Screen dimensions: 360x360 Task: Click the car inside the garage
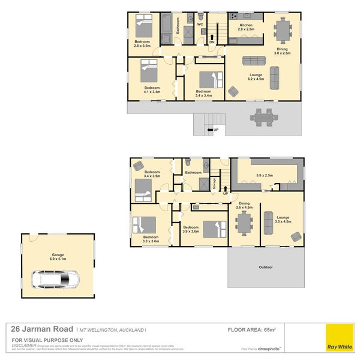(55, 279)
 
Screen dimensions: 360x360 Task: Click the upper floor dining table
(282, 28)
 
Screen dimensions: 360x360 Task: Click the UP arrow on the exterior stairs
(211, 130)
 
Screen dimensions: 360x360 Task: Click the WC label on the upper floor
(200, 25)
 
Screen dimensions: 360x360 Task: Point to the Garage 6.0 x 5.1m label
(58, 257)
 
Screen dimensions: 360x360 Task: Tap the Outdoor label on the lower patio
(265, 267)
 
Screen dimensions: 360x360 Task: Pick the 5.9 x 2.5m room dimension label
(265, 176)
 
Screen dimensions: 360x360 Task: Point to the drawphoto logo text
(269, 348)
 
